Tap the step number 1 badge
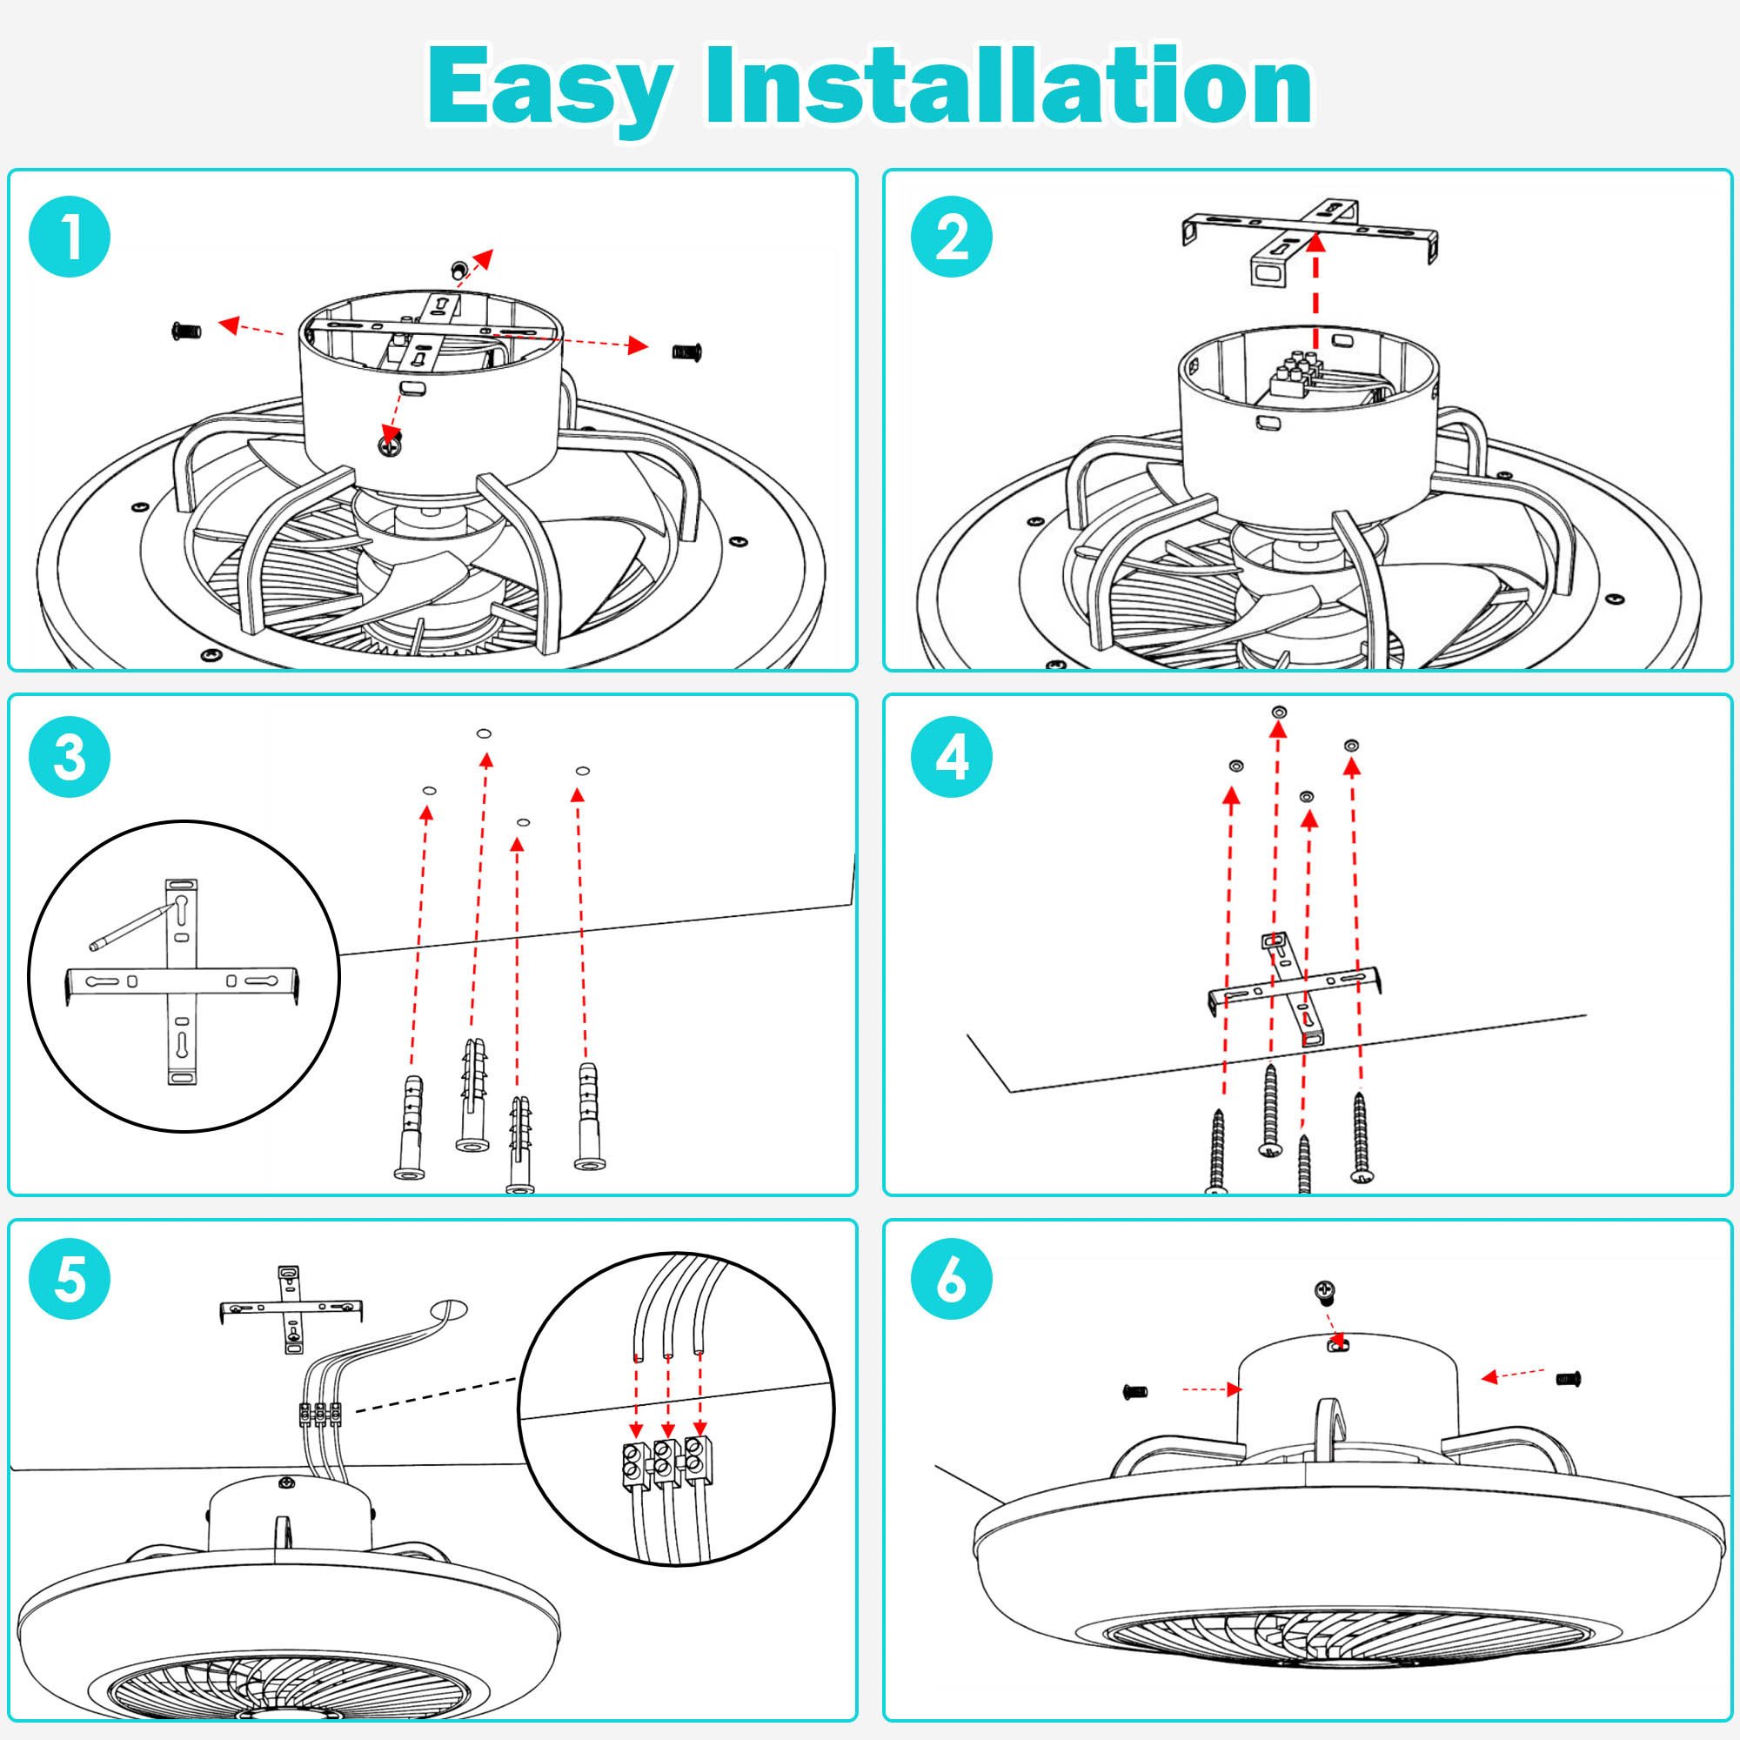(70, 237)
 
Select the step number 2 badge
(952, 237)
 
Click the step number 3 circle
(70, 757)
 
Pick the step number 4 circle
(952, 757)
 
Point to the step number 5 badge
(70, 1279)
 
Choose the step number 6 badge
(952, 1279)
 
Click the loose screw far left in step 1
(185, 331)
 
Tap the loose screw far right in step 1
(687, 351)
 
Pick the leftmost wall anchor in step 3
(410, 1126)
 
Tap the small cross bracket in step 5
(291, 1310)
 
